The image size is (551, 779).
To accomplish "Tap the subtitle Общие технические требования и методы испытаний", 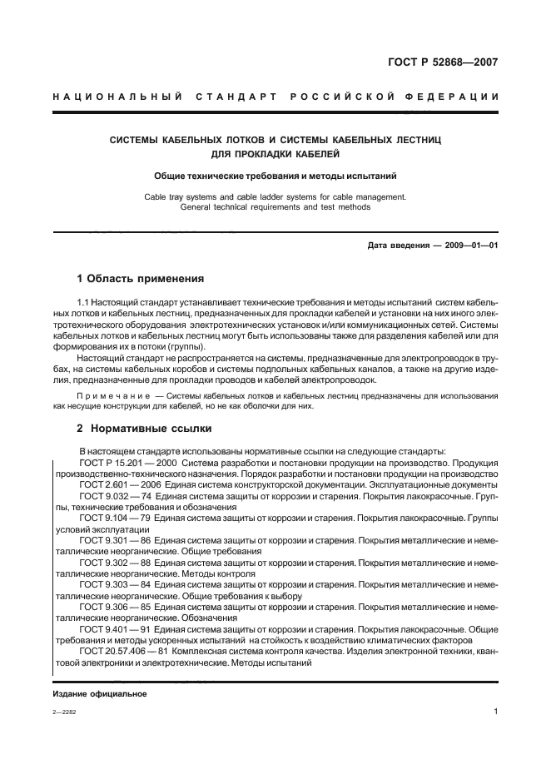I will click(275, 176).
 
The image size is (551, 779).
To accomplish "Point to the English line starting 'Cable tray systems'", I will click(275, 196).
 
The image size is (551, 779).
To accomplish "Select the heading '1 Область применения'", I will click(140, 278).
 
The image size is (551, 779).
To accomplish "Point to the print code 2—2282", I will click(63, 712).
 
